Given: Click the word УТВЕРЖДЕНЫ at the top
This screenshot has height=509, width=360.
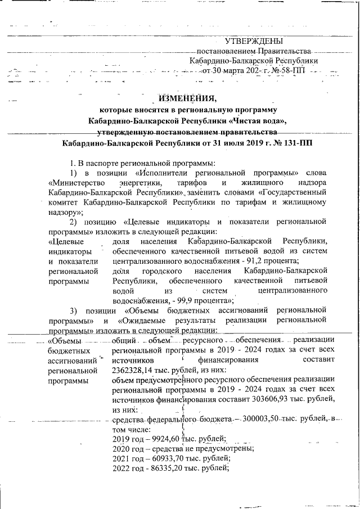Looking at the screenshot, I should (x=254, y=41).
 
